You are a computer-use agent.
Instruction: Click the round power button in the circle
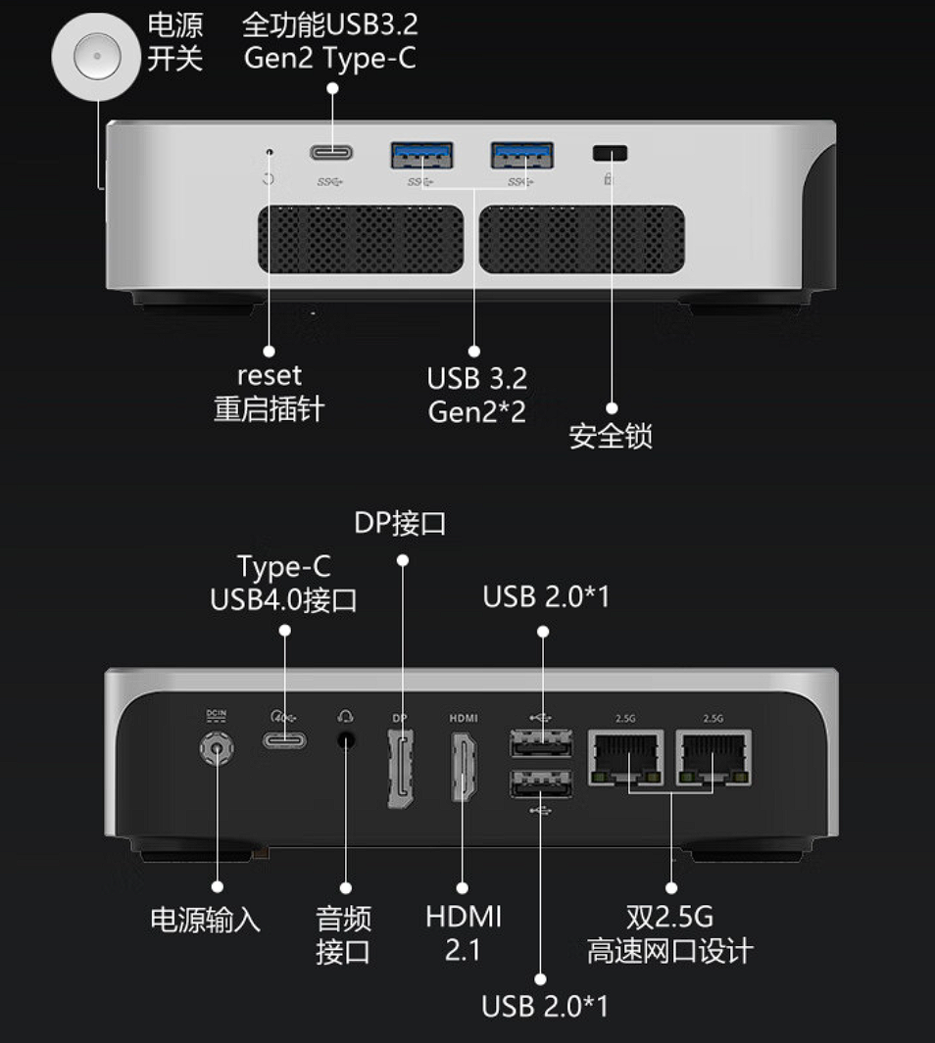[x=97, y=56]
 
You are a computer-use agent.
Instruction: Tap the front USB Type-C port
[x=331, y=153]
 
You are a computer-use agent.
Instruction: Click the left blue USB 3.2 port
[x=421, y=155]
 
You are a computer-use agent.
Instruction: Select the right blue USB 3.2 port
[x=522, y=155]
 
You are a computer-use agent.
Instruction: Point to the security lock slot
[x=610, y=153]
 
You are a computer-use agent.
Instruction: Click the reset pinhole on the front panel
[x=270, y=153]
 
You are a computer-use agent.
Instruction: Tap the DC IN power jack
[x=217, y=748]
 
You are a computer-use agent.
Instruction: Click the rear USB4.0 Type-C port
[x=285, y=739]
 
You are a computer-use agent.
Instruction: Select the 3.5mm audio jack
[x=345, y=739]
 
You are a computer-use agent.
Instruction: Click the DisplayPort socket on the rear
[x=401, y=768]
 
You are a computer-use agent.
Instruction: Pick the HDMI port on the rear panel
[x=465, y=766]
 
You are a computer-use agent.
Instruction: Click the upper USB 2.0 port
[x=541, y=742]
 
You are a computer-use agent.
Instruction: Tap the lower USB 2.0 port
[x=541, y=783]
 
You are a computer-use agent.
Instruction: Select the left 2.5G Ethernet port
[x=625, y=757]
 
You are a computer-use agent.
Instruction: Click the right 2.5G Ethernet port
[x=714, y=757]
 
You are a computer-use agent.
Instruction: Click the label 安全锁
[x=611, y=437]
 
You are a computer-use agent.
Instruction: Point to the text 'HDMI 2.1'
[x=464, y=933]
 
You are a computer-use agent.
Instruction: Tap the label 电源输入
[x=206, y=920]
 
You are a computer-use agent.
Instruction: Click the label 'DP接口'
[x=400, y=523]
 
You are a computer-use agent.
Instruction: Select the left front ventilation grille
[x=361, y=240]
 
